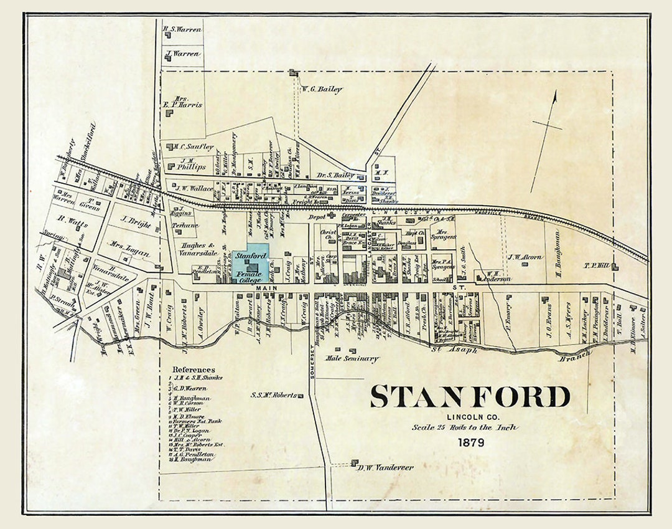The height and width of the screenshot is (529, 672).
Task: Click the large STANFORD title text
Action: point(470,397)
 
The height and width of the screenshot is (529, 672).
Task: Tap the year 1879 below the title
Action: point(470,443)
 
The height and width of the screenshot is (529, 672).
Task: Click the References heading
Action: point(194,369)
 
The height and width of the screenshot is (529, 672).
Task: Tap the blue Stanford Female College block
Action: point(251,267)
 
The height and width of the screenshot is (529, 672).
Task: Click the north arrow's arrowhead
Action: point(554,95)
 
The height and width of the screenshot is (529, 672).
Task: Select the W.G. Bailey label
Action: point(322,90)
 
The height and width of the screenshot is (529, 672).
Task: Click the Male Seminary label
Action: point(353,359)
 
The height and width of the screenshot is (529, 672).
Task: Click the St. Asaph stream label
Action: point(464,350)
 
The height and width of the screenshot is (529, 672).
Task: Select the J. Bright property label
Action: point(136,221)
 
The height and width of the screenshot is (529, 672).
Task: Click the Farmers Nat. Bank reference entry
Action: point(198,421)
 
